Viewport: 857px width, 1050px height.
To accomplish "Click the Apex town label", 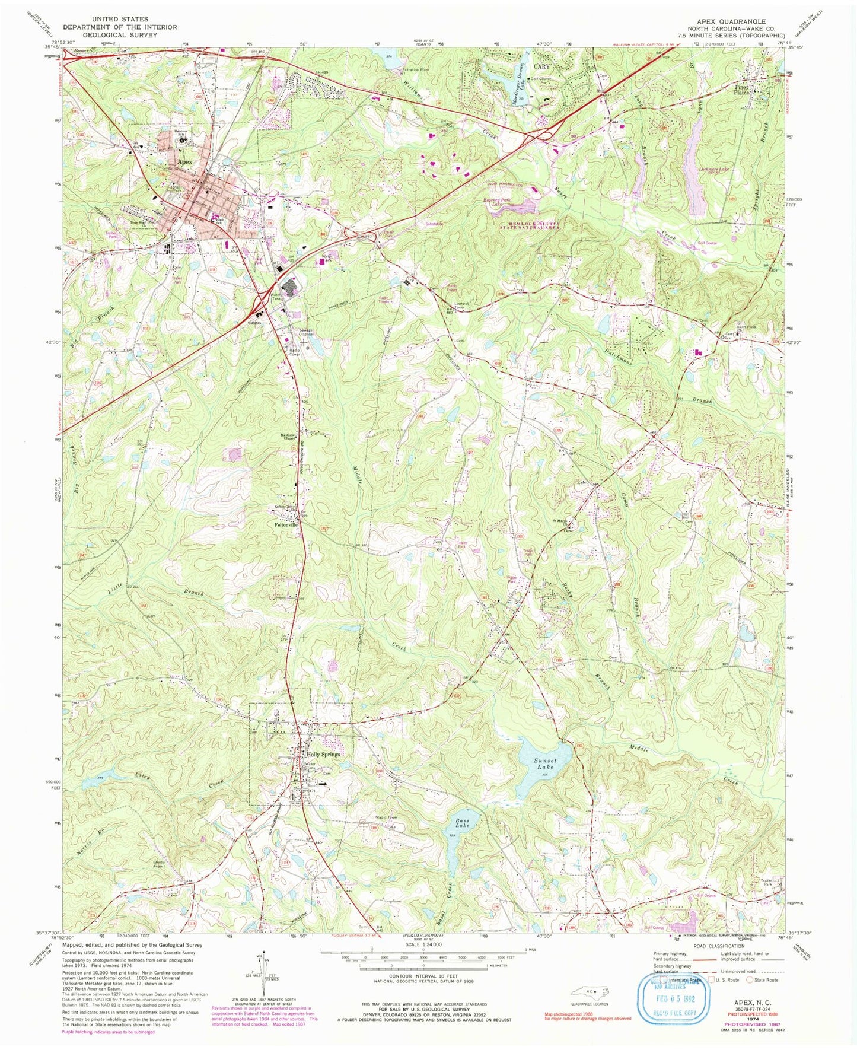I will (182, 161).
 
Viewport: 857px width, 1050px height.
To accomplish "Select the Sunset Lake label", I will (545, 763).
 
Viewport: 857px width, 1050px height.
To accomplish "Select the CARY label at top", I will (541, 66).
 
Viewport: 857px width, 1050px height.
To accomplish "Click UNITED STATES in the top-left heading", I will (120, 20).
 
